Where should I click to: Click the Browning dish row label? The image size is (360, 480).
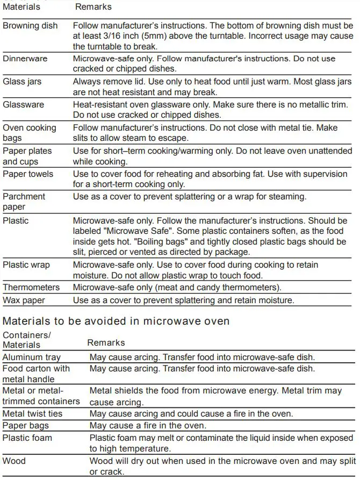click(x=30, y=25)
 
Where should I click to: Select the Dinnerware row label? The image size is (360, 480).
click(x=25, y=59)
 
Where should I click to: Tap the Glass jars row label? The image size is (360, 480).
click(x=22, y=82)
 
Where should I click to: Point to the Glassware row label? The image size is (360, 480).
click(x=24, y=105)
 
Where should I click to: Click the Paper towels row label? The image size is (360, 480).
click(x=28, y=174)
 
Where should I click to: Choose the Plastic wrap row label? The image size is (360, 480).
click(x=26, y=264)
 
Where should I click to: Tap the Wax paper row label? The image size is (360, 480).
click(x=24, y=300)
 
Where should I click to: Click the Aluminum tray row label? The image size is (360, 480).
click(x=32, y=357)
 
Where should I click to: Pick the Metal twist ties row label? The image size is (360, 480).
click(x=32, y=413)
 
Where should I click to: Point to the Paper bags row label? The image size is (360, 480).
click(x=25, y=425)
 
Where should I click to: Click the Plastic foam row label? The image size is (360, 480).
click(x=27, y=438)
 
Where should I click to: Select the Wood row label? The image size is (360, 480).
click(x=14, y=461)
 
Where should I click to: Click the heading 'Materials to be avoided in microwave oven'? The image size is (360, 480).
click(x=116, y=321)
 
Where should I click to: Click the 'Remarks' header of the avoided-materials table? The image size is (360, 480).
click(x=106, y=342)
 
